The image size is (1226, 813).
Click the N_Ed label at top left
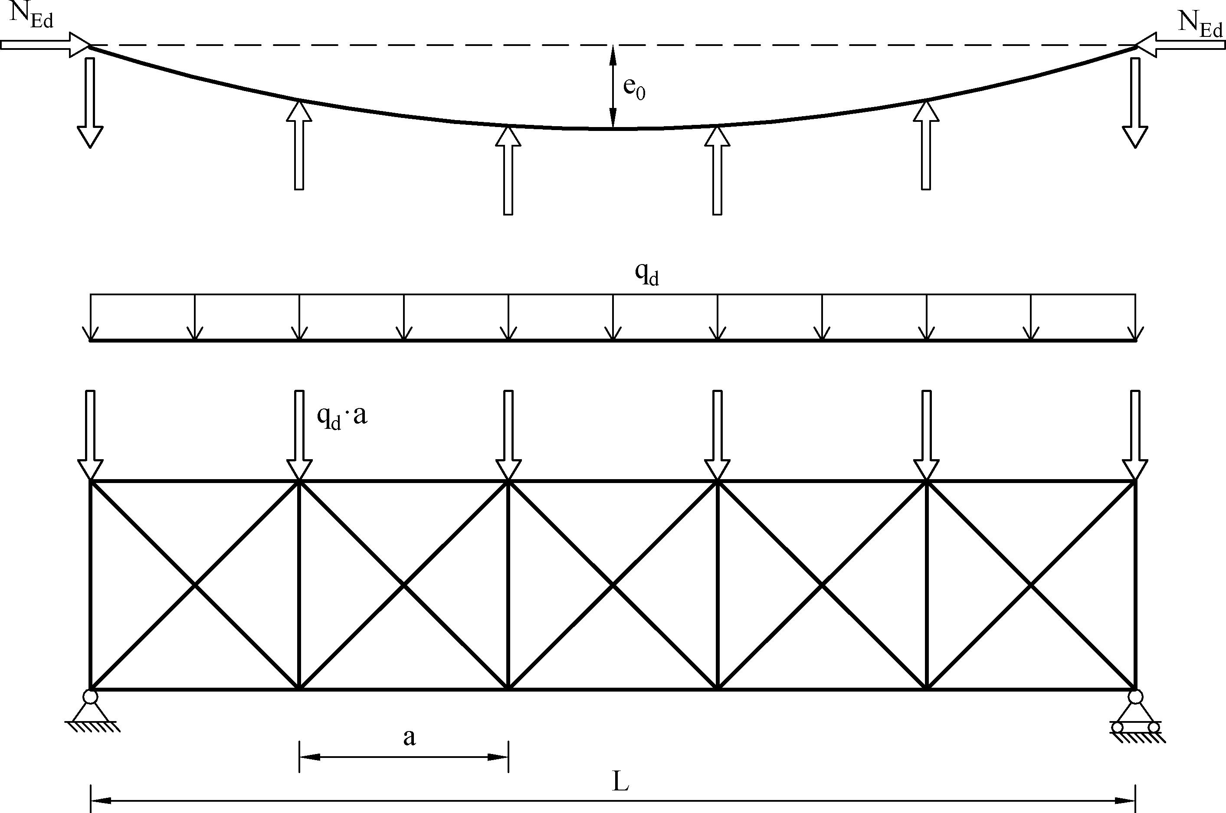(31, 16)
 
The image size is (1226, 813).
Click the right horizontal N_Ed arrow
(1180, 45)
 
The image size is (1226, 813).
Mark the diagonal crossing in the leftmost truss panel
(195, 585)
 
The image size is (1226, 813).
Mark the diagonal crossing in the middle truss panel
(613, 585)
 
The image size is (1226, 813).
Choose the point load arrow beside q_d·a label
(299, 435)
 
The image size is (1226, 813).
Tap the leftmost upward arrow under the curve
(299, 145)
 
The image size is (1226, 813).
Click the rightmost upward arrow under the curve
(926, 145)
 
